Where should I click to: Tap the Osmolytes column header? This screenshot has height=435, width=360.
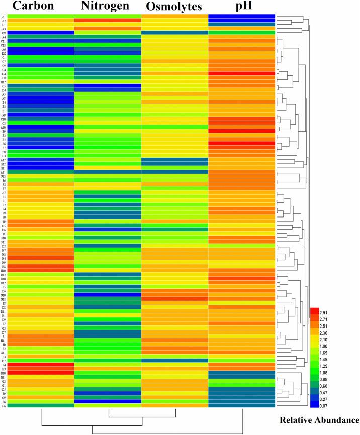(173, 8)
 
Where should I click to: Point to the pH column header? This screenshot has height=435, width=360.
(242, 7)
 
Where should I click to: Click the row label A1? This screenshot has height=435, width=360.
(4, 16)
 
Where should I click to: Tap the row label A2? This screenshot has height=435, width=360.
(4, 21)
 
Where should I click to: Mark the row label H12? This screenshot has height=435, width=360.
(4, 82)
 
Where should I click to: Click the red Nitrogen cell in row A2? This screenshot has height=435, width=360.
(107, 21)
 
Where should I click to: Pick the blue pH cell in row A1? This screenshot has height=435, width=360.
(241, 16)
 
